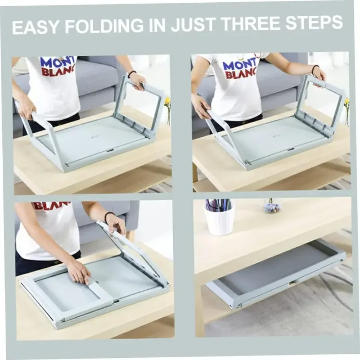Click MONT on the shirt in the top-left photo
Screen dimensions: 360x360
[x=57, y=62]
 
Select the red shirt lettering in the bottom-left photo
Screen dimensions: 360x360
[x=51, y=206]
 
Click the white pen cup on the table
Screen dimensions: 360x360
[x=219, y=222]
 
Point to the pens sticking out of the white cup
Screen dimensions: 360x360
[x=219, y=205]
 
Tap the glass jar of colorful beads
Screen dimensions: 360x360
[x=272, y=206]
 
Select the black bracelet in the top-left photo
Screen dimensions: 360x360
[x=131, y=74]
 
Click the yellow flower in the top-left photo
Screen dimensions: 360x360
[x=167, y=101]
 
